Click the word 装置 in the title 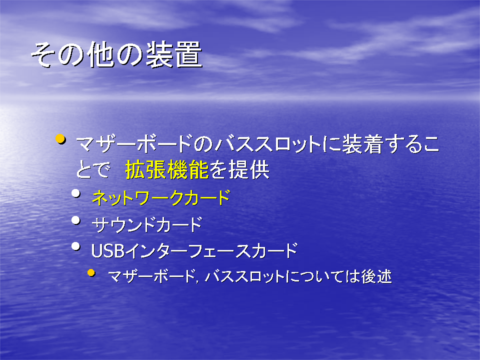tap(174, 55)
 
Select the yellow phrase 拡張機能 tap(167, 170)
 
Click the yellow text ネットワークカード tap(161, 198)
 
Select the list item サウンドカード tap(147, 224)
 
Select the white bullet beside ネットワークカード tap(75, 193)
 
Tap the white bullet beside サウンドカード tap(75, 220)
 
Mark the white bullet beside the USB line tap(75, 246)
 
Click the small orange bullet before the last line tap(91, 272)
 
